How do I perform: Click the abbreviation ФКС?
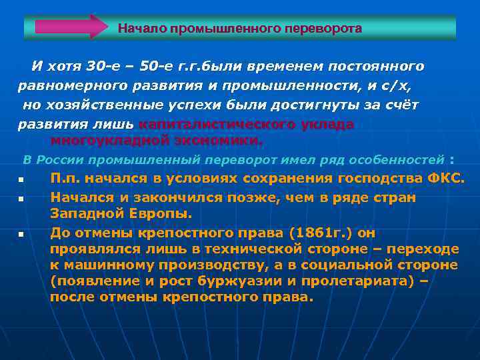445,178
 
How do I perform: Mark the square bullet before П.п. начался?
21,180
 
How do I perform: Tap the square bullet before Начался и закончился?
21,199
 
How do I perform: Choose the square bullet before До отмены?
21,234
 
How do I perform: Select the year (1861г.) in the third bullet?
315,233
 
